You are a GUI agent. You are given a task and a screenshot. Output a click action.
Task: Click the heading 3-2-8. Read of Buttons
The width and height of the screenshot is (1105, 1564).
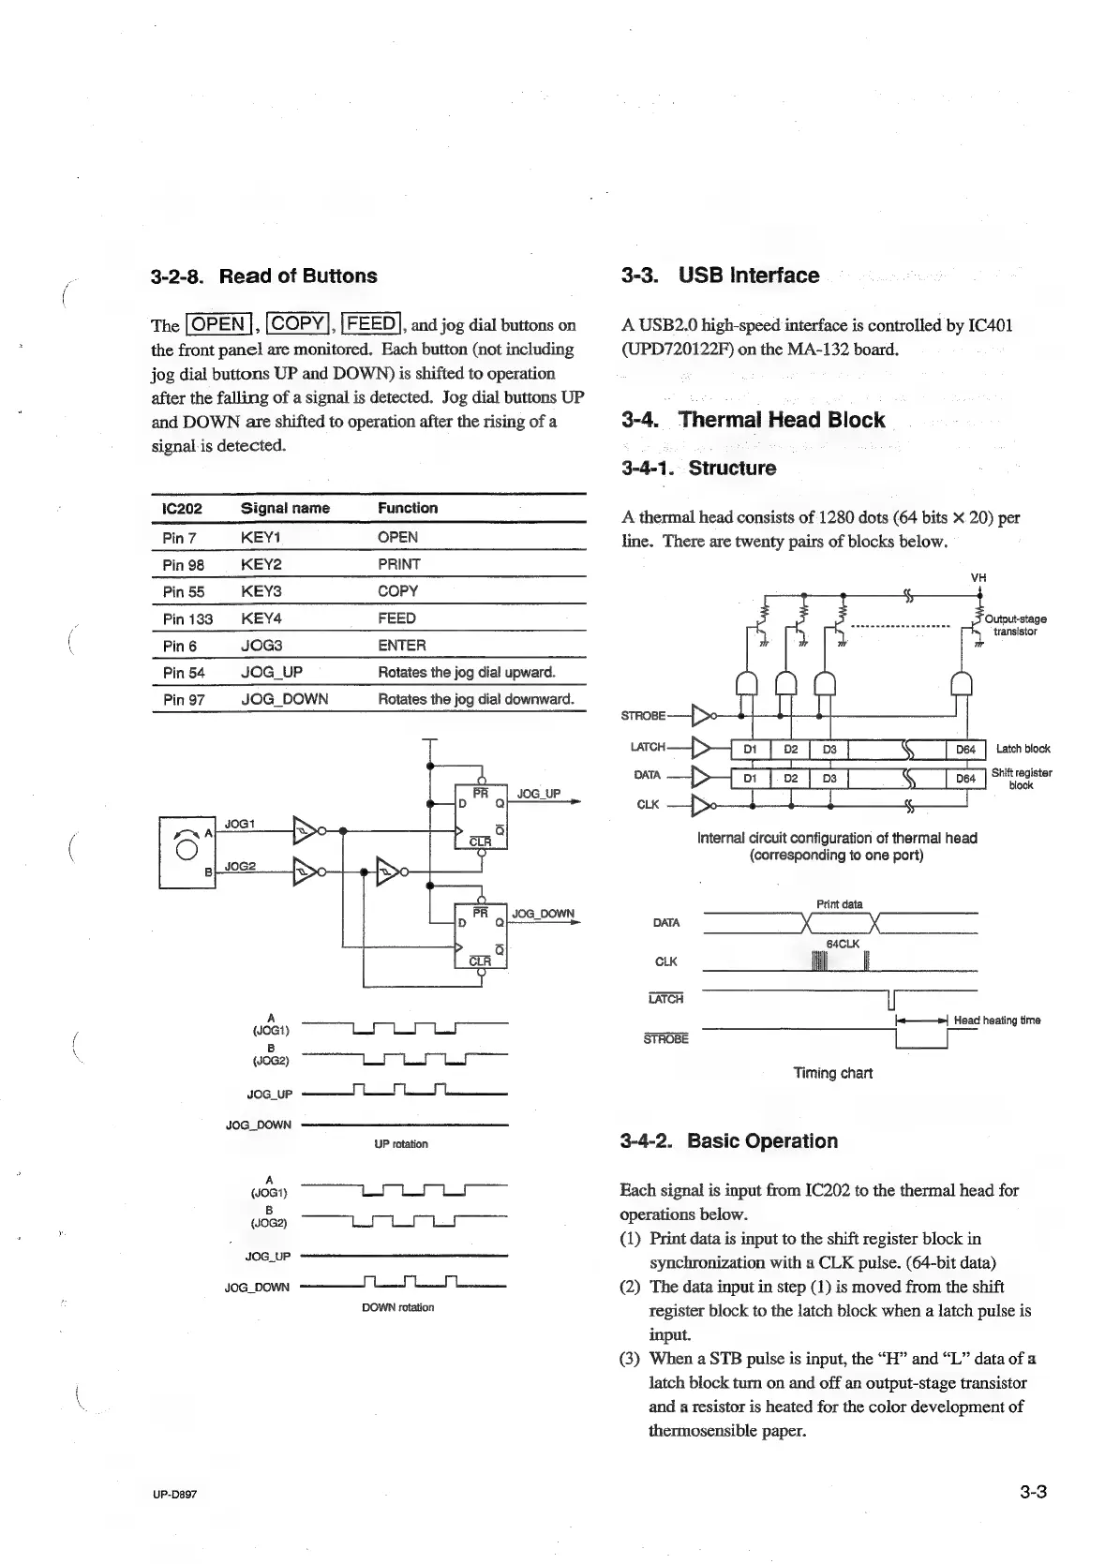coord(263,276)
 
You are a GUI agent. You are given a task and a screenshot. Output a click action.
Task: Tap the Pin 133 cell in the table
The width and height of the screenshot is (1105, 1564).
coord(187,618)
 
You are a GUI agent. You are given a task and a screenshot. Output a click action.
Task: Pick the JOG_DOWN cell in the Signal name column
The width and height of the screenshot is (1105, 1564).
coord(284,699)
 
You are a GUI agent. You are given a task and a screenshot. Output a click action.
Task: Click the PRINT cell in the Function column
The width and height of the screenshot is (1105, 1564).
coord(398,564)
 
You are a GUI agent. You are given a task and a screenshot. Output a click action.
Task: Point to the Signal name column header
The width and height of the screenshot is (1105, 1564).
coord(285,508)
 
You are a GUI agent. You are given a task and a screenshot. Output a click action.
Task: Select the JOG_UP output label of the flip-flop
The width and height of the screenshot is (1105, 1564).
coord(538,794)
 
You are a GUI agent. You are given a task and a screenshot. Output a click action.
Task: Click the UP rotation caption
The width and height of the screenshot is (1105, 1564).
coord(400,1144)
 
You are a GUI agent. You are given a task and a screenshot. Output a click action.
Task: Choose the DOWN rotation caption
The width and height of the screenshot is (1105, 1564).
coord(397,1307)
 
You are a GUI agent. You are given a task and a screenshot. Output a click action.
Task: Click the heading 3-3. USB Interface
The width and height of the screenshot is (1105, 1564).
coord(720,276)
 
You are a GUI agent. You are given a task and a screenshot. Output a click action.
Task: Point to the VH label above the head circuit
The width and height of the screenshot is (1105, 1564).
coord(978,578)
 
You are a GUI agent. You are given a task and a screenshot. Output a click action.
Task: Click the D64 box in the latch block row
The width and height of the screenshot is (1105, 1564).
coord(965,749)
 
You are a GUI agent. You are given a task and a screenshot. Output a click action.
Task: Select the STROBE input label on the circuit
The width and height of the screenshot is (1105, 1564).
coord(643,716)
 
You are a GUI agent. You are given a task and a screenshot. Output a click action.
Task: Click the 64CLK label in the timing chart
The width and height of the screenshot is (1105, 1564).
coord(843,944)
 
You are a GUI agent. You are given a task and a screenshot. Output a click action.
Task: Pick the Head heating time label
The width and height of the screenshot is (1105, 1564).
coord(996,1020)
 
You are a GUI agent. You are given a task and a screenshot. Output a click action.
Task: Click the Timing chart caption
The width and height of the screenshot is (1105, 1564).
coord(832,1073)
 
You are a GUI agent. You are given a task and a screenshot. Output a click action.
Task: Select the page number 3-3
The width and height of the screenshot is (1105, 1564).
coord(1032,1493)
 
